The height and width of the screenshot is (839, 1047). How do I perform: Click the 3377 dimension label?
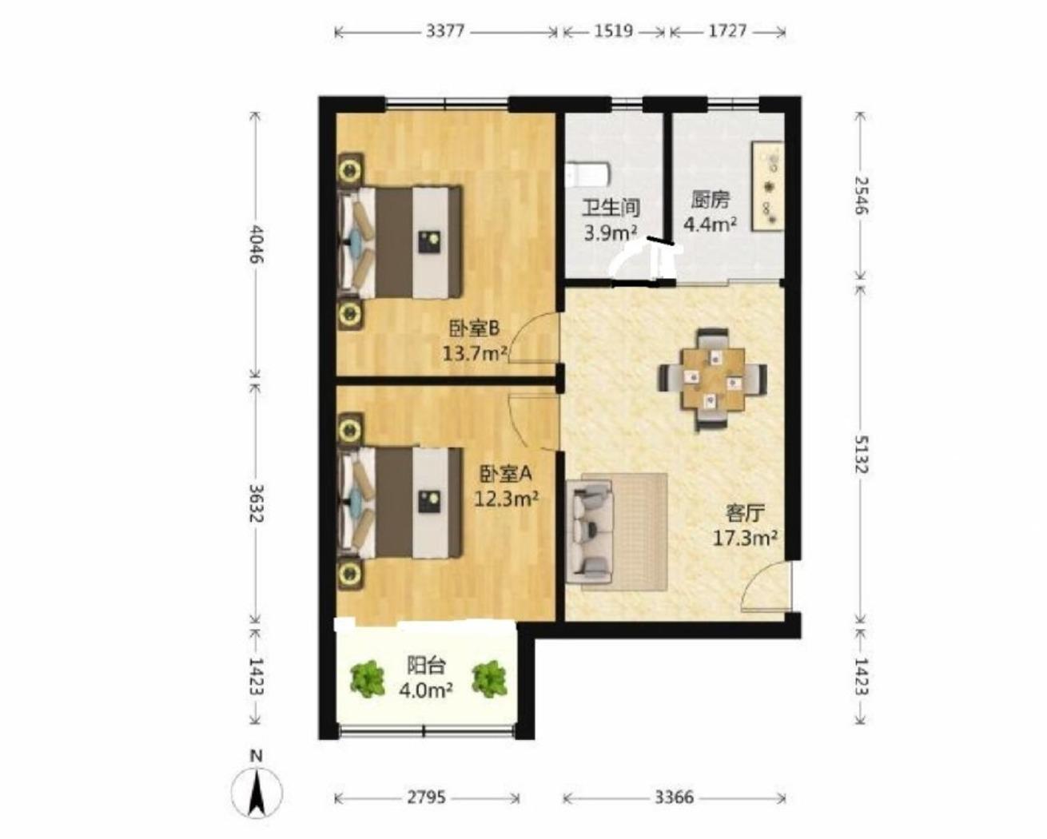[x=446, y=32]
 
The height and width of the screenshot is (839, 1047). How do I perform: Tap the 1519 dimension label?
[x=614, y=32]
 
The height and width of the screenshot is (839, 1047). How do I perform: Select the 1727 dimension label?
[x=727, y=32]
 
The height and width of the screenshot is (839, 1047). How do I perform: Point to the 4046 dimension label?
[x=257, y=244]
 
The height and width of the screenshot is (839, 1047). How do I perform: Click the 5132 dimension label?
[x=861, y=455]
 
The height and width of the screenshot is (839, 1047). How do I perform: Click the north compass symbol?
[x=257, y=791]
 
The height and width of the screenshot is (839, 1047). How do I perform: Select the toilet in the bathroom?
[x=588, y=176]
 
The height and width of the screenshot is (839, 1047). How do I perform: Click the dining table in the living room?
[x=713, y=380]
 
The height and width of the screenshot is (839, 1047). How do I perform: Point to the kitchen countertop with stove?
[x=768, y=186]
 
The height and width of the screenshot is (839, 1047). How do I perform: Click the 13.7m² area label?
[x=475, y=354]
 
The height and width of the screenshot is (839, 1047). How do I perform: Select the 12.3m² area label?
[x=507, y=499]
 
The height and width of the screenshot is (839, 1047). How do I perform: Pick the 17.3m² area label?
[x=745, y=539]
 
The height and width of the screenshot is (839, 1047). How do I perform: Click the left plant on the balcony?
[x=368, y=678]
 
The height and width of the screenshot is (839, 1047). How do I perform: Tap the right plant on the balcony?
[x=489, y=678]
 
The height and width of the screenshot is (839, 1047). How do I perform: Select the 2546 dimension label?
[x=861, y=196]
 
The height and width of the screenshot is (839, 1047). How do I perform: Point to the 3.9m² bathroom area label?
[x=611, y=233]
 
